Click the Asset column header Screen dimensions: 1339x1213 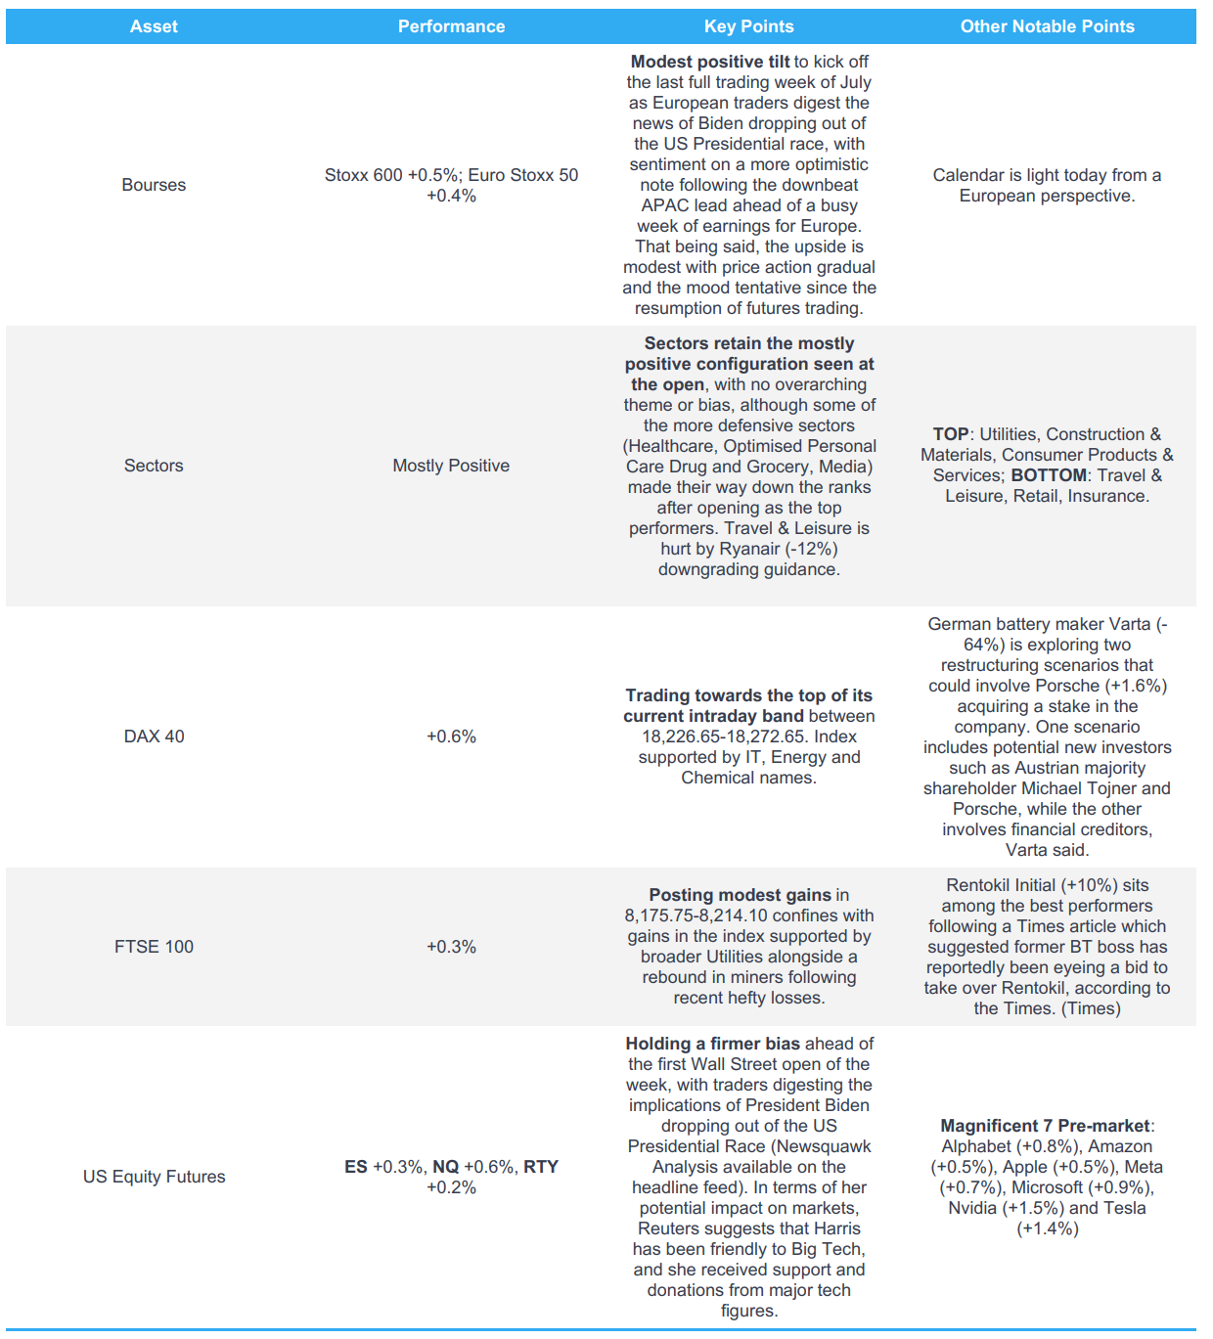154,26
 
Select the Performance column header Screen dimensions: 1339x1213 451,26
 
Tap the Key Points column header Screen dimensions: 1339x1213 748,26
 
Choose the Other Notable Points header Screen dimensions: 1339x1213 1047,26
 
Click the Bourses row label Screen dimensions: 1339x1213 154,185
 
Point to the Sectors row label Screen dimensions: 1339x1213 154,466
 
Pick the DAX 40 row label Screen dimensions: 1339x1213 154,736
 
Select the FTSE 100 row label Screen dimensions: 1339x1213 154,947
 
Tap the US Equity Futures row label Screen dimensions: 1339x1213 154,1177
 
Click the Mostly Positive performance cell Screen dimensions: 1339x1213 451,466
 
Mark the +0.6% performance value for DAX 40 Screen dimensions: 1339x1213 451,736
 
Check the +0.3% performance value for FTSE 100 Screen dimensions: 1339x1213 451,947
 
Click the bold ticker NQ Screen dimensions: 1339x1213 445,1167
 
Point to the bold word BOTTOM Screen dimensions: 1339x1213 1049,475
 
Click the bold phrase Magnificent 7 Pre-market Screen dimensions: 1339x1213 1045,1126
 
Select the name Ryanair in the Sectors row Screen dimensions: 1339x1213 750,549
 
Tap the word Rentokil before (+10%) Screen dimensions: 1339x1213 978,885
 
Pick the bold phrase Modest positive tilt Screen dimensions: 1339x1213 710,62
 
